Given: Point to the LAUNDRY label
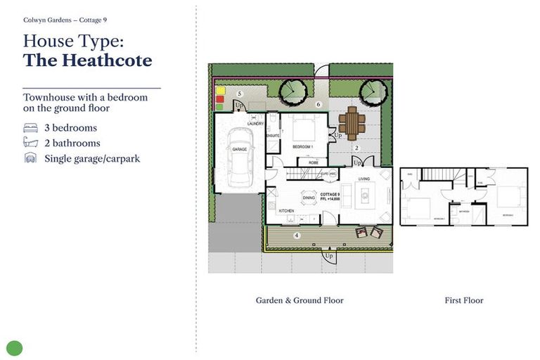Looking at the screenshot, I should point(255,124).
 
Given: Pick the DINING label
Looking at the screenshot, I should point(309,198).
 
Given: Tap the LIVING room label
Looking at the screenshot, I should point(364,179).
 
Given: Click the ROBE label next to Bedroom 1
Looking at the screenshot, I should point(303,162).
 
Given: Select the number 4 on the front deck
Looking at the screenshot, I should point(296,236).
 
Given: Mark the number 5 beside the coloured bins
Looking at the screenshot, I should point(240,94).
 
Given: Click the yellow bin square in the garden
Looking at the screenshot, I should point(220,91).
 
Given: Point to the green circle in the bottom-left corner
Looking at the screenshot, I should point(15,347).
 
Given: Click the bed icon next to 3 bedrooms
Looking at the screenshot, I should point(30,128).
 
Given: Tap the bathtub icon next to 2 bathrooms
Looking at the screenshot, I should point(30,143).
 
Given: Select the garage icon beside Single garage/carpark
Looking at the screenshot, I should point(30,158).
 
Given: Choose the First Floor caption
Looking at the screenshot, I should point(463,300).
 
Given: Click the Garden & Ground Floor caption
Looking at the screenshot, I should point(300,300).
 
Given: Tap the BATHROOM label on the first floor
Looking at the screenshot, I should point(463,210).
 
